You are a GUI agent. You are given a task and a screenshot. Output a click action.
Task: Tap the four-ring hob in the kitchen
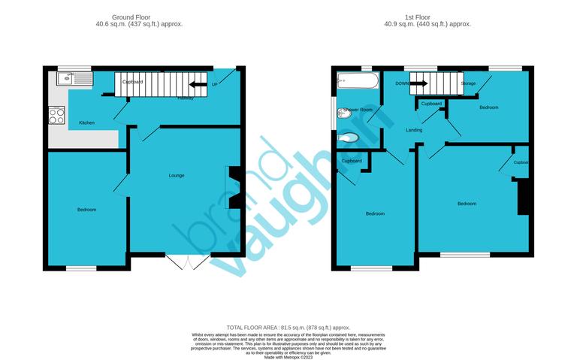click(57, 116)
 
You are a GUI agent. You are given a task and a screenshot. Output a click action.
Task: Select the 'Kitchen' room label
click(86, 123)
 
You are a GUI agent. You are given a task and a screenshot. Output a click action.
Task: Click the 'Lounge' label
click(177, 175)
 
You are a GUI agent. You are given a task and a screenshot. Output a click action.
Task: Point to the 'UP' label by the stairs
click(215, 83)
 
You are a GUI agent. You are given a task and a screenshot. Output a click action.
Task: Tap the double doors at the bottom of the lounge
click(186, 262)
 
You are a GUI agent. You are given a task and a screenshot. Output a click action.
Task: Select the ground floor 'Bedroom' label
click(86, 209)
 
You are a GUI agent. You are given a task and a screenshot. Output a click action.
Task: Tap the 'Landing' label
click(413, 131)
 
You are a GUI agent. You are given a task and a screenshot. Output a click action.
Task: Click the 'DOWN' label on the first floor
click(402, 83)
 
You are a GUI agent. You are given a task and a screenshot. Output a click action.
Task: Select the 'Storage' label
click(468, 83)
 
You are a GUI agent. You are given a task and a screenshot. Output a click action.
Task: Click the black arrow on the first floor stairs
click(418, 83)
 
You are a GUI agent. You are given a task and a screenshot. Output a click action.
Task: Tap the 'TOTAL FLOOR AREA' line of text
click(288, 328)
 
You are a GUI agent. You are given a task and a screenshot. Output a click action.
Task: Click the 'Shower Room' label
click(358, 110)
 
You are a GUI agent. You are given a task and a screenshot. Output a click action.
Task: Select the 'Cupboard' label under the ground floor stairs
click(133, 81)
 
